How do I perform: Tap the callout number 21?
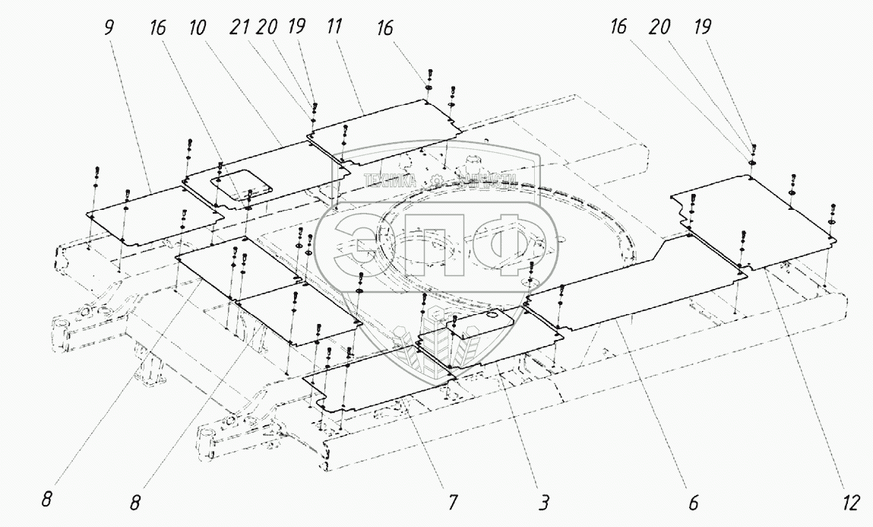coord(241,27)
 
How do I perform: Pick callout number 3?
coord(544,503)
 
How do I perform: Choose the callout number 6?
coord(694,503)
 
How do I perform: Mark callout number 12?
coord(850,503)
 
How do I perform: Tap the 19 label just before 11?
coord(296,27)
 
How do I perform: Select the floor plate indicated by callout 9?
coord(152,216)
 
